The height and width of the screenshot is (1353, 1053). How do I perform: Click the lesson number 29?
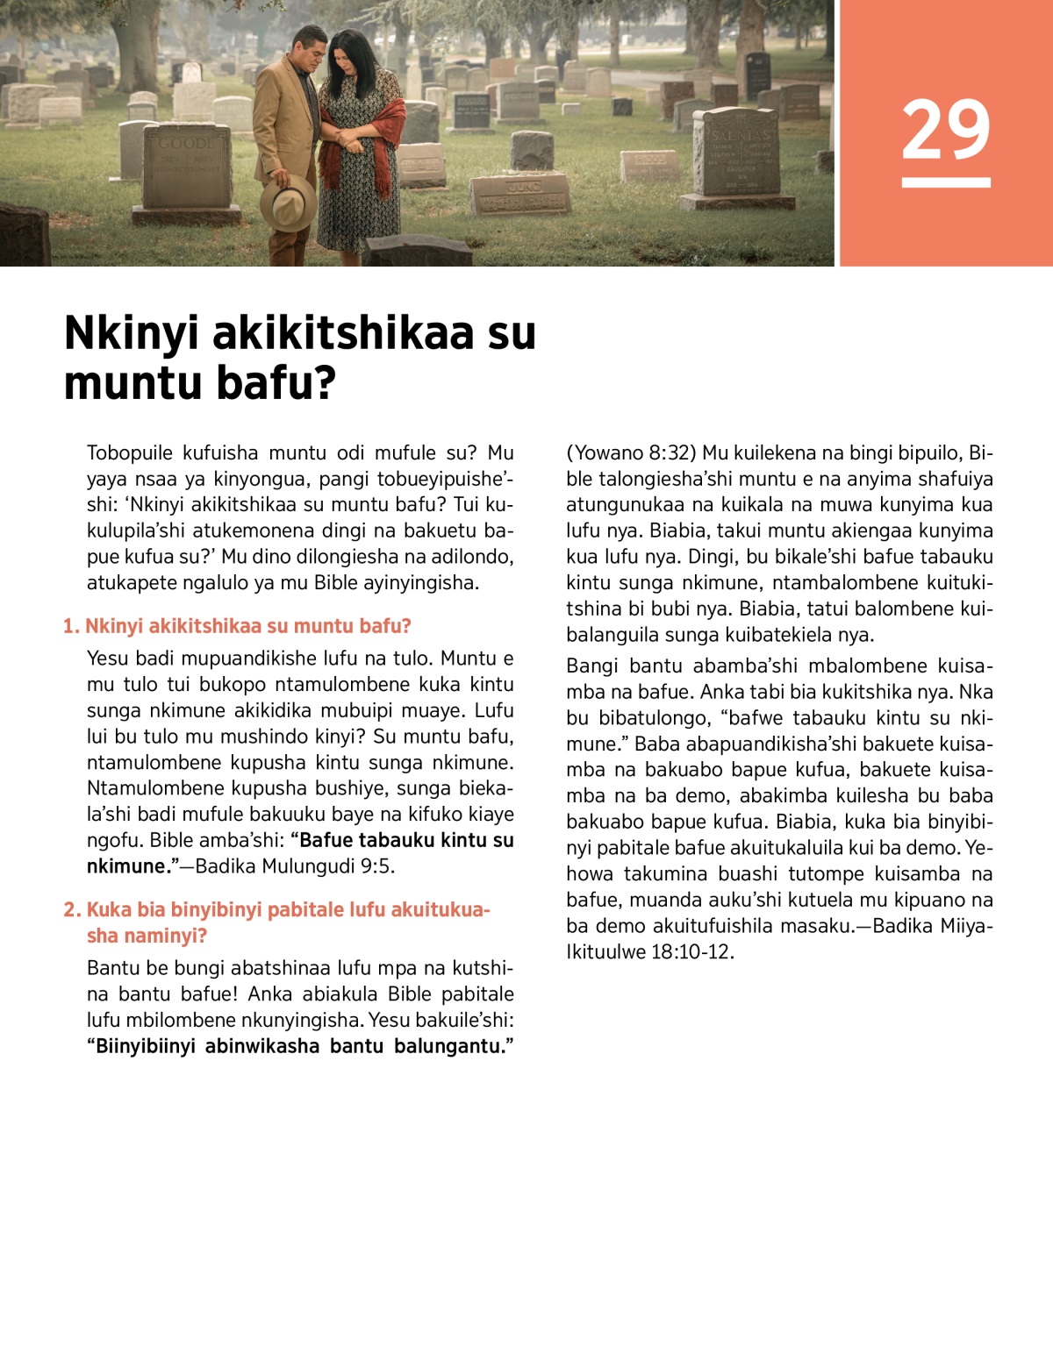(x=945, y=130)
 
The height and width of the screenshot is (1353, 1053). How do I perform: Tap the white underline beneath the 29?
(x=945, y=182)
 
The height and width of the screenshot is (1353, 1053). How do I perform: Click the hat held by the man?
(x=288, y=201)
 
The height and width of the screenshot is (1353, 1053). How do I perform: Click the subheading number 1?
(x=71, y=626)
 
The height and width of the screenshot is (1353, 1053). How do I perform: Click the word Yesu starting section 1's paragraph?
(x=106, y=659)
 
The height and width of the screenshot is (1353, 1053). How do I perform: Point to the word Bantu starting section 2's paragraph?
(x=111, y=968)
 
